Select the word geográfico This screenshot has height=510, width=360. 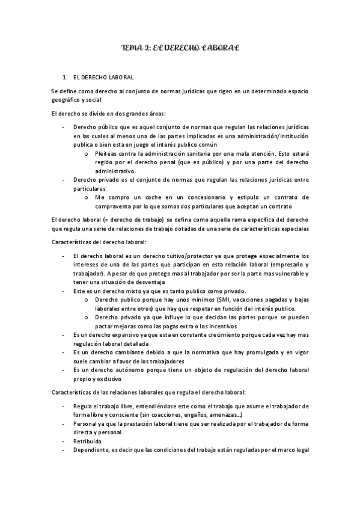(x=67, y=100)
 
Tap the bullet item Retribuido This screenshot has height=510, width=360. (x=88, y=441)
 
